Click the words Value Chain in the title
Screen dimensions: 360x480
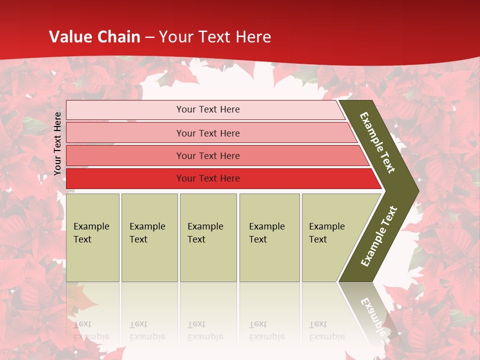[x=94, y=37]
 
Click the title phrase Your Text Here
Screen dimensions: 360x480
[x=215, y=37]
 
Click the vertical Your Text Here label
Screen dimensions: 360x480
[x=57, y=143]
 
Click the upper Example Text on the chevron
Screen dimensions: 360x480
[x=378, y=143]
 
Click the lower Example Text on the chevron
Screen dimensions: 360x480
[x=378, y=236]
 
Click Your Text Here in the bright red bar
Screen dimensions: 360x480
[x=208, y=178]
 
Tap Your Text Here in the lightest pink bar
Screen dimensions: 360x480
[x=208, y=109]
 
